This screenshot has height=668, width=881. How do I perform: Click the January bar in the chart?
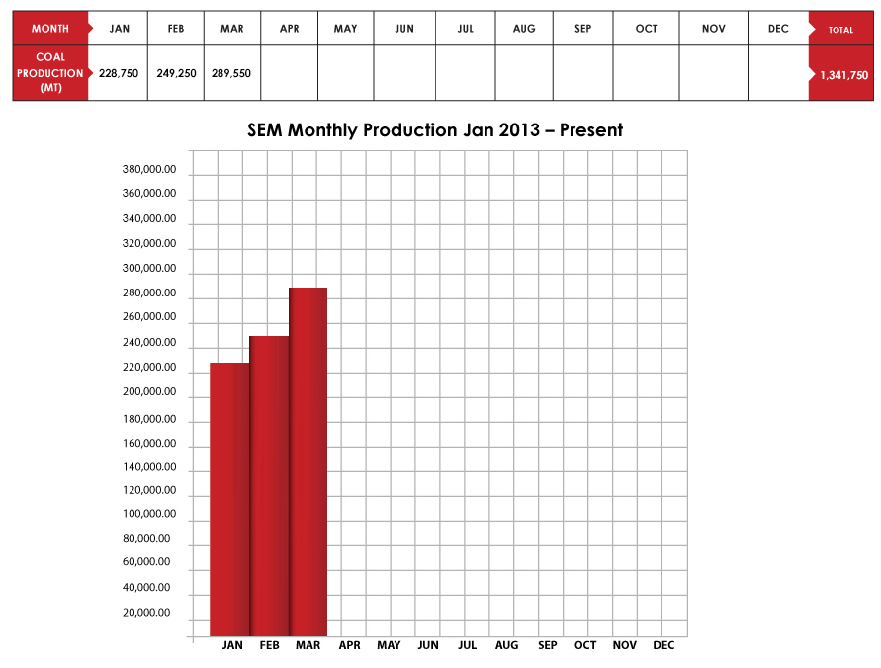click(229, 499)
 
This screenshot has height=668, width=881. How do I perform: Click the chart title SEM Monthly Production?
click(434, 130)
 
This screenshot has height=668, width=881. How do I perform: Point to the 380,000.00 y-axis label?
click(150, 169)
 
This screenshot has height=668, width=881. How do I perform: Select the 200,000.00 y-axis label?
click(150, 392)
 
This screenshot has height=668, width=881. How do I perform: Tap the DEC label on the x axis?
click(663, 646)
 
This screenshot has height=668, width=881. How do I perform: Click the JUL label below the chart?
click(467, 646)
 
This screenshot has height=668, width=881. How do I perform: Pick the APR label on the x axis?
click(349, 646)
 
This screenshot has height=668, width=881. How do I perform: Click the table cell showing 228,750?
click(118, 73)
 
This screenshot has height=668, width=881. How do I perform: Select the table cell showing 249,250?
click(176, 73)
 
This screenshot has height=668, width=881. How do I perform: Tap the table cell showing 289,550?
click(231, 73)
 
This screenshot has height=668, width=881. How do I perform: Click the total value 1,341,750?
click(844, 74)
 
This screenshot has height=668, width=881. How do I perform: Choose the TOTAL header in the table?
click(840, 30)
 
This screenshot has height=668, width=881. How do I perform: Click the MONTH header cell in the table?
click(50, 29)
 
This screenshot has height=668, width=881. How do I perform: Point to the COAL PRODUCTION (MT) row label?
click(50, 73)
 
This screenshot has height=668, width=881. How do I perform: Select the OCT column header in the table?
click(646, 29)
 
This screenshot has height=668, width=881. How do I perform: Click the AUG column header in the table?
click(524, 29)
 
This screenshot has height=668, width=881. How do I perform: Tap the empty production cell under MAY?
click(346, 73)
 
